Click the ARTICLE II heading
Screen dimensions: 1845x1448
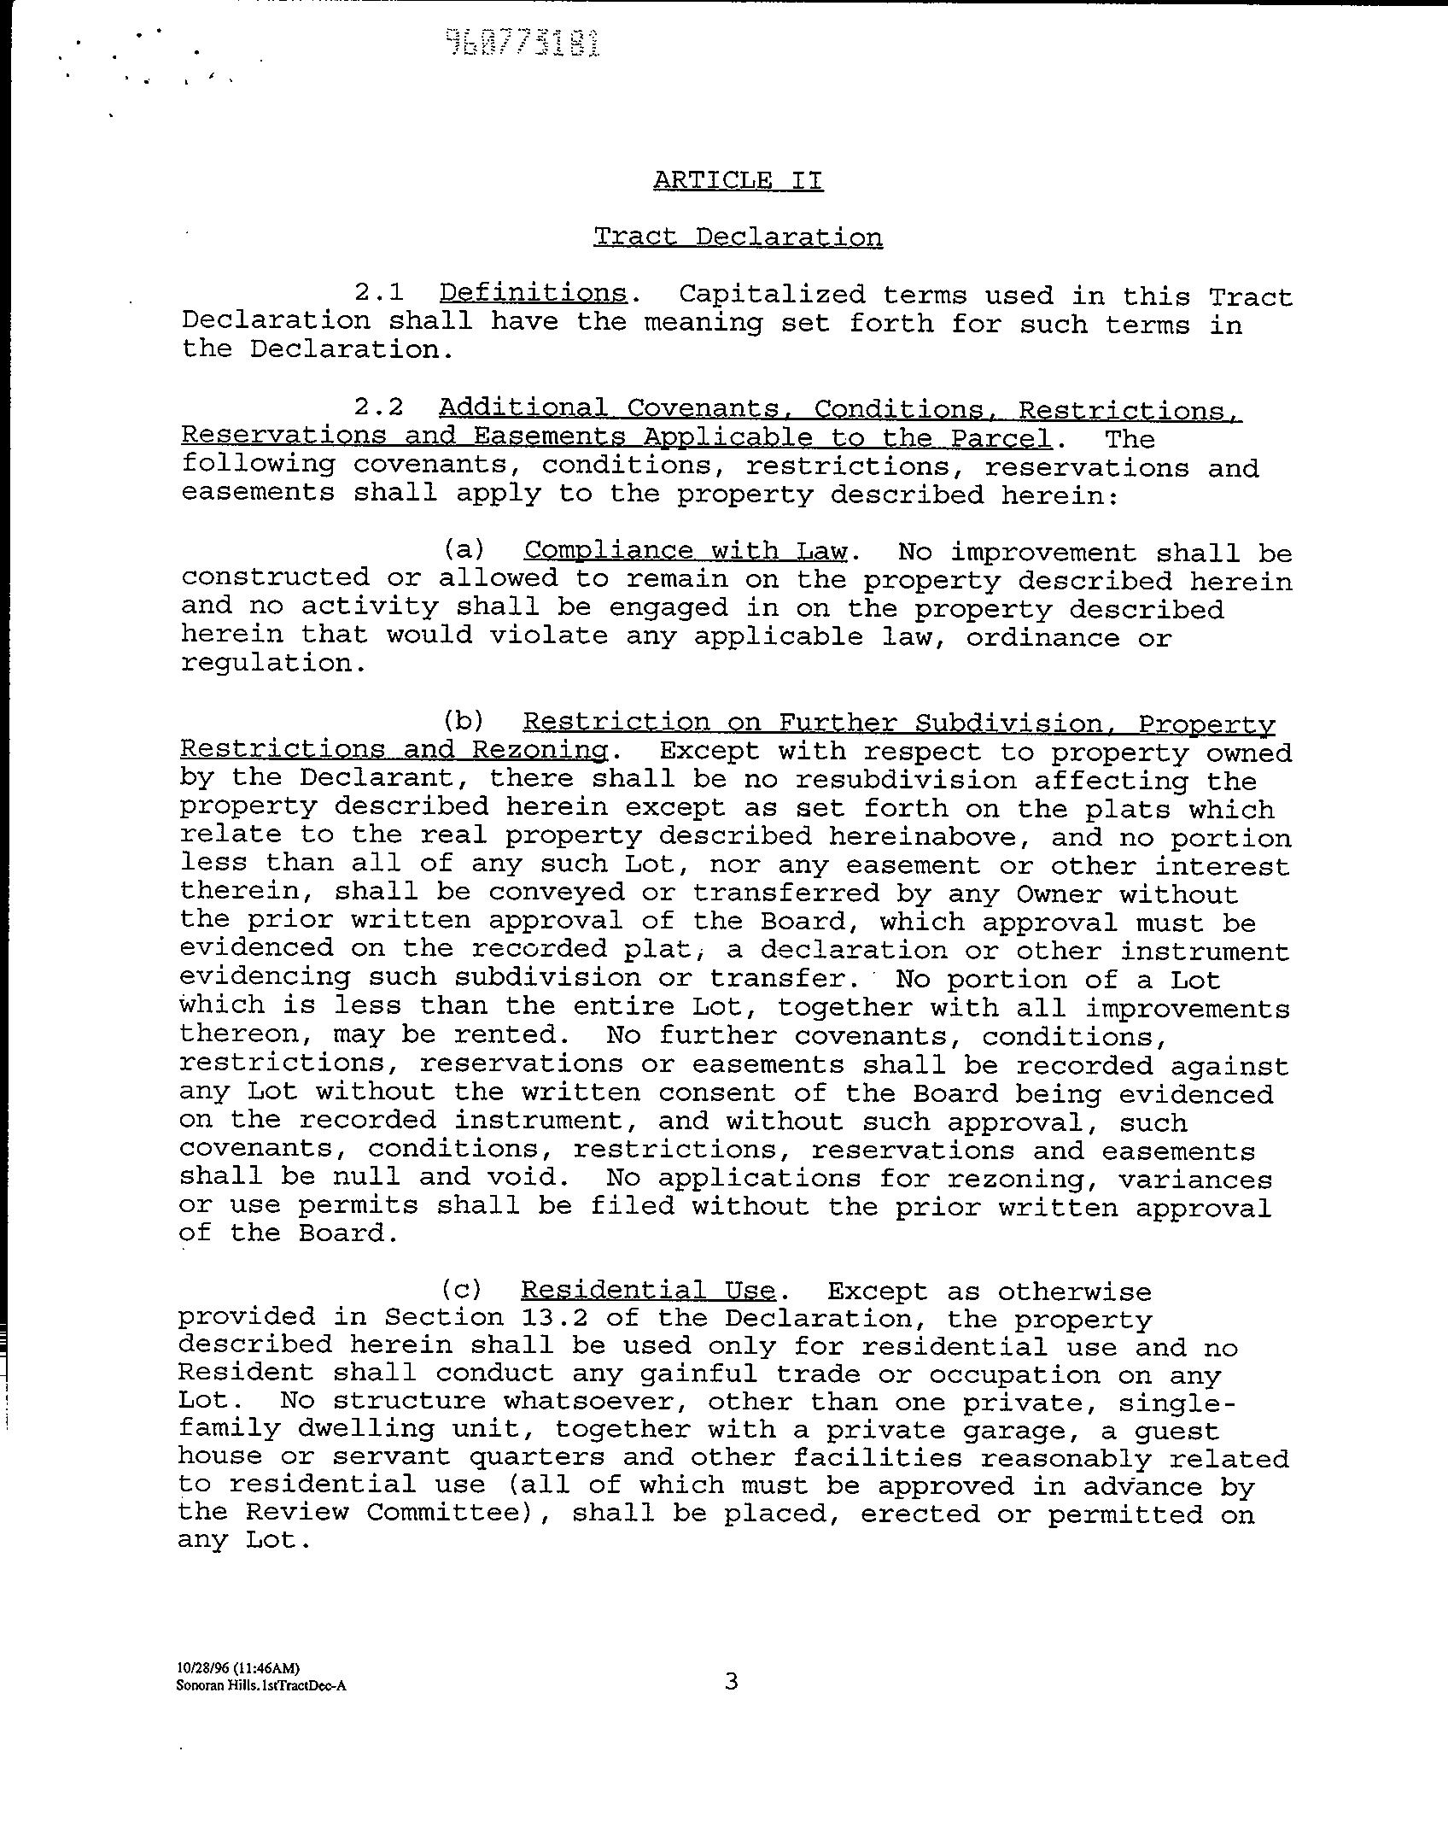(x=738, y=180)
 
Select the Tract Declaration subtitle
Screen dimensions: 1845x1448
(x=738, y=237)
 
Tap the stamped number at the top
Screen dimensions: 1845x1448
(x=523, y=43)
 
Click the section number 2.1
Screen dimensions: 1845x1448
(x=378, y=294)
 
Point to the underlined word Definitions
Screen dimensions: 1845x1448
(x=533, y=293)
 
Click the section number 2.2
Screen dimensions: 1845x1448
(x=378, y=407)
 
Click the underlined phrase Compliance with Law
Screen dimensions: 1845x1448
(x=686, y=550)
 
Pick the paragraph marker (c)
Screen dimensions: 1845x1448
(x=461, y=1290)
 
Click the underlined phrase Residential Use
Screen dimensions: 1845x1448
(x=648, y=1290)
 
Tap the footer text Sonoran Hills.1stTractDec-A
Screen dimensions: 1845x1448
(x=261, y=1686)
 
